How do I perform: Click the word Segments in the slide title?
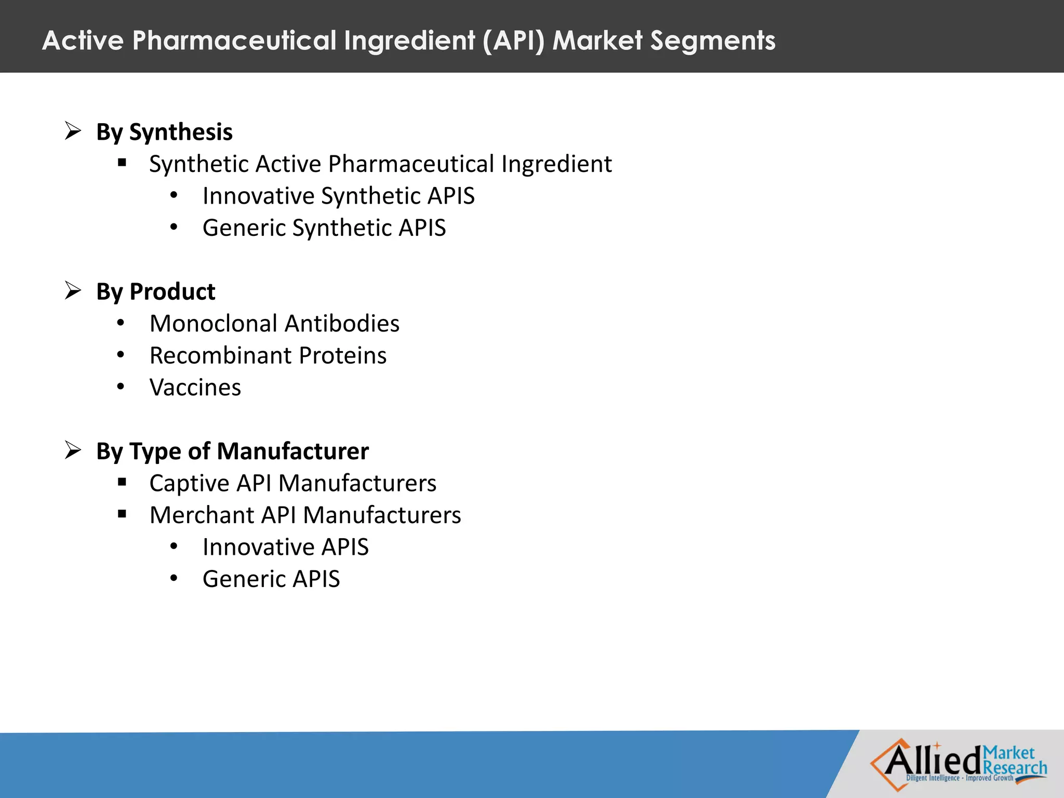pos(712,41)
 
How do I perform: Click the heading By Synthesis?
pos(164,132)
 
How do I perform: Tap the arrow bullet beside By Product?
pos(73,290)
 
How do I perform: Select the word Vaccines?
pos(195,388)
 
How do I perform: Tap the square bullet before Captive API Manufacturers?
pos(122,483)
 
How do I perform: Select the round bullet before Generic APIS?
pos(174,578)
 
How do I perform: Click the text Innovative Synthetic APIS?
pos(338,196)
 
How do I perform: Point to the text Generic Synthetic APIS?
pos(324,228)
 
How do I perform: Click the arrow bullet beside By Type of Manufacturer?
pos(73,450)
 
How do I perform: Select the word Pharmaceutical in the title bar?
pos(234,41)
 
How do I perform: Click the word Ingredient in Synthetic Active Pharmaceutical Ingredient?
pos(556,164)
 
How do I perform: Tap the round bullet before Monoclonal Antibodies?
pos(121,323)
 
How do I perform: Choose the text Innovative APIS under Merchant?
pos(285,547)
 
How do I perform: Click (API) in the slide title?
pos(513,41)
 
